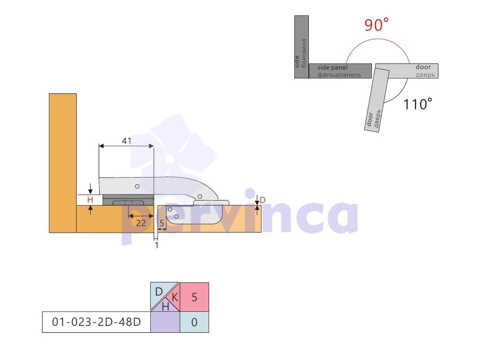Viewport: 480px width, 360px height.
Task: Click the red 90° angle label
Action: coord(376,25)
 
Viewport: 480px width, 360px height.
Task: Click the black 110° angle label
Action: coord(418,104)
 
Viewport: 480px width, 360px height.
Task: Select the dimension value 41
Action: coord(127,141)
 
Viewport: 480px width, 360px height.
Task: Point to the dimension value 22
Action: coord(141,223)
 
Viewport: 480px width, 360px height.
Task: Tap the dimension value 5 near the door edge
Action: coord(162,223)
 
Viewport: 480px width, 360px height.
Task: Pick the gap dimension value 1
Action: coord(157,245)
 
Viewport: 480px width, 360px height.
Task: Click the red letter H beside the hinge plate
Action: coord(90,200)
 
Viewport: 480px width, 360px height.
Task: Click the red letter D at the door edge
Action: coord(262,200)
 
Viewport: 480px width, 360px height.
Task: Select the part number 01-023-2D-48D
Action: coord(97,322)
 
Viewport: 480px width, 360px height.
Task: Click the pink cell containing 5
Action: coord(194,297)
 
